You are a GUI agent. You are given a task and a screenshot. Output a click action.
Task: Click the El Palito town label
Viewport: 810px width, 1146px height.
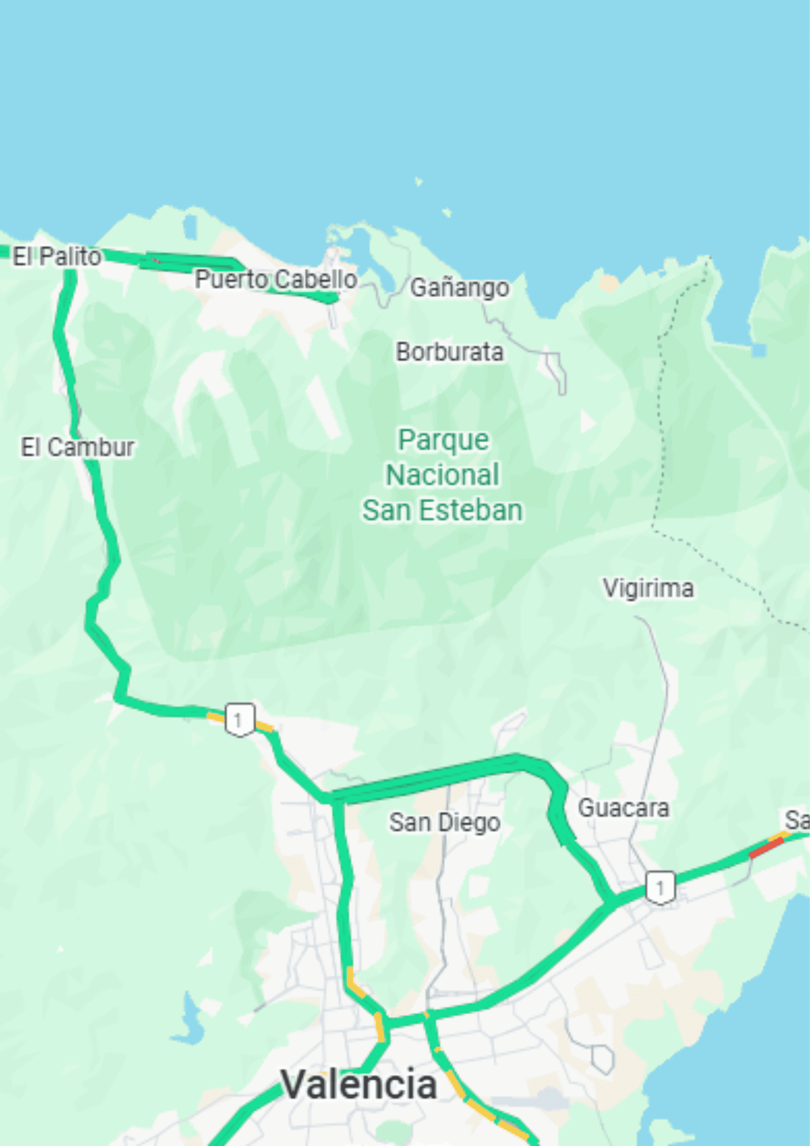(x=56, y=256)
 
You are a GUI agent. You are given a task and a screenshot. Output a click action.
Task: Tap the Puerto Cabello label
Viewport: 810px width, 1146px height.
(x=276, y=279)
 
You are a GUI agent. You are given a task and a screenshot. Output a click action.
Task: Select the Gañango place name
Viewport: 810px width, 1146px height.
(x=459, y=287)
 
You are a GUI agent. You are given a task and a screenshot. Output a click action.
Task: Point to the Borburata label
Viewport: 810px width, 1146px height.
(x=449, y=352)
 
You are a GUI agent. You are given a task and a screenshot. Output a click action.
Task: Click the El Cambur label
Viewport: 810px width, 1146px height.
(x=77, y=447)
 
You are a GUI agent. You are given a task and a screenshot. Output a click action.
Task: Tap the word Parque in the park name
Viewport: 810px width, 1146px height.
(x=443, y=440)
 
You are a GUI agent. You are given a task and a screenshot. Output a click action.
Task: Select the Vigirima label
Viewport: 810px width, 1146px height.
(x=648, y=588)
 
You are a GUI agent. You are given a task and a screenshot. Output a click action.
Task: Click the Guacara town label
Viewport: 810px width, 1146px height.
(x=623, y=808)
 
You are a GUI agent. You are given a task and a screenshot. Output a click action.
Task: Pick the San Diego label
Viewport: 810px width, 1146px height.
(x=444, y=822)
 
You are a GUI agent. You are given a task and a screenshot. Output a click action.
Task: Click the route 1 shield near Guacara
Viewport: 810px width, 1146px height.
(x=660, y=888)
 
